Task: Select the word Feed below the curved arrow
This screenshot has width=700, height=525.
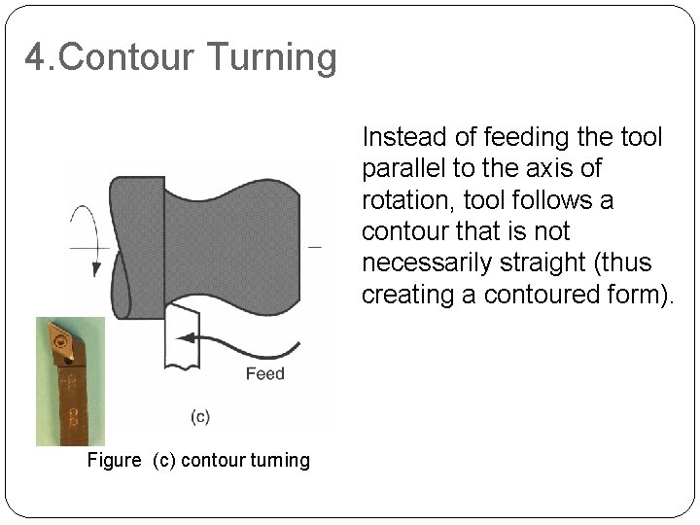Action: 264,373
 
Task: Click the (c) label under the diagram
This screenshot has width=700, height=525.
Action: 198,417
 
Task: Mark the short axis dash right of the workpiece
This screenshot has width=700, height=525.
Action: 314,247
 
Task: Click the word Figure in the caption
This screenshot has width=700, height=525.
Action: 115,460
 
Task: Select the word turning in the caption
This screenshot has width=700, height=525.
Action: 280,460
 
